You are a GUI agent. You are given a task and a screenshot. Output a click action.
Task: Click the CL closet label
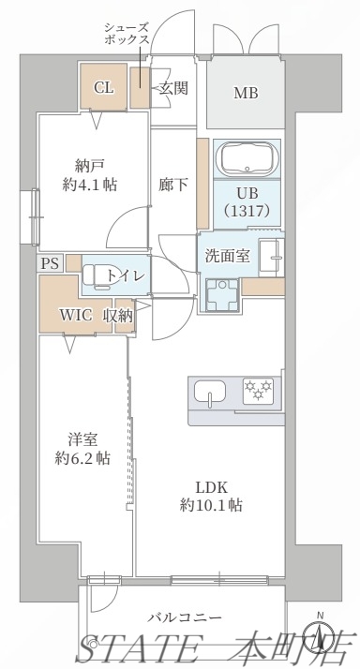(x=104, y=88)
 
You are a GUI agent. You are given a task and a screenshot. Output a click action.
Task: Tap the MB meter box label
(x=246, y=93)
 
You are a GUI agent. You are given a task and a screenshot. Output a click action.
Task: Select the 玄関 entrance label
(x=172, y=88)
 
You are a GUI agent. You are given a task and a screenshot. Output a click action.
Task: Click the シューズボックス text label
(x=126, y=35)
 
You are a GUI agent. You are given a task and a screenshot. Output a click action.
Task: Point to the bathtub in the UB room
(x=246, y=159)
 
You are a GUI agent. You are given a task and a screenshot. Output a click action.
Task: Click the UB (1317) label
(x=246, y=202)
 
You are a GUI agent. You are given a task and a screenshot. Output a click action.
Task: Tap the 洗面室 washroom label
(x=228, y=256)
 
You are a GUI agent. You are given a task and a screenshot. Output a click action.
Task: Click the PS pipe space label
(x=50, y=263)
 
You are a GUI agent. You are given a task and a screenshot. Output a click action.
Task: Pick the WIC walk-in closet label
(x=76, y=315)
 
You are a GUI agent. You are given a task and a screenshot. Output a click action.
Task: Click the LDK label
(x=212, y=485)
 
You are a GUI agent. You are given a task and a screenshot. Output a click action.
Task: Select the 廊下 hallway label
(x=173, y=184)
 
